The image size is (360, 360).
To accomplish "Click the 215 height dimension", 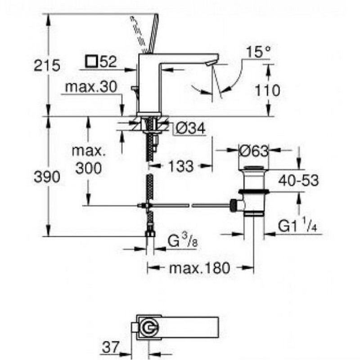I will (47, 66).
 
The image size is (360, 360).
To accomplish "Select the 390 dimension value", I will (47, 177).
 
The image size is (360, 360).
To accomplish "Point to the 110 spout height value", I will (267, 90).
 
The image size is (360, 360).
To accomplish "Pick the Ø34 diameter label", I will (189, 129).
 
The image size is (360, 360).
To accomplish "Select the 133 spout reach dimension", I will (182, 166).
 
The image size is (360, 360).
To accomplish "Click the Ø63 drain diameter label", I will (253, 151).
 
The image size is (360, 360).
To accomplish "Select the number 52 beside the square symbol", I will (108, 62).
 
